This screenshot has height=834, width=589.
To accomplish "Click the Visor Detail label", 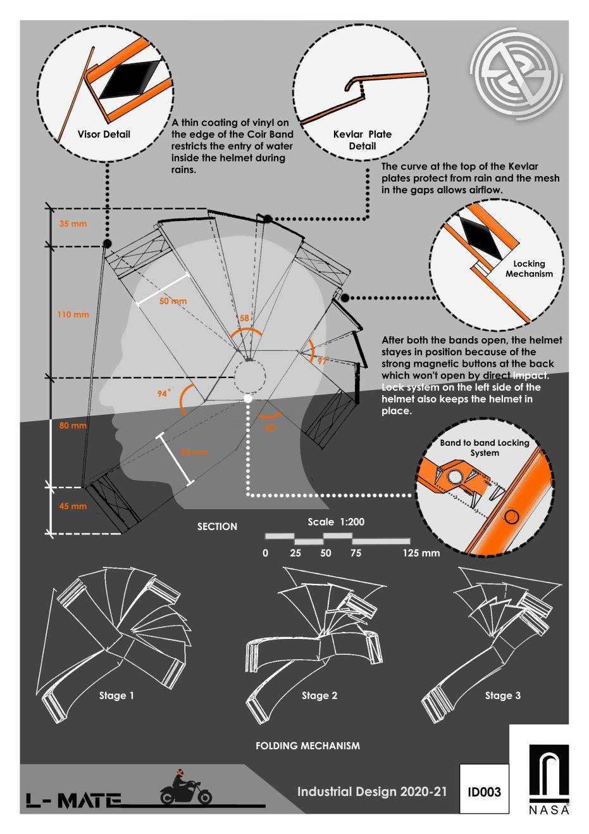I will point(104,134).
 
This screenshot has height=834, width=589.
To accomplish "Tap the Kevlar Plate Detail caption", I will point(362,140).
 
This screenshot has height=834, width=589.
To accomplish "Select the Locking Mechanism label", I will point(529,269).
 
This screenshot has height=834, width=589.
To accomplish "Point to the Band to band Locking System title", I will point(484,448).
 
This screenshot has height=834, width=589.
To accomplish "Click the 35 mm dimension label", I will point(73,224).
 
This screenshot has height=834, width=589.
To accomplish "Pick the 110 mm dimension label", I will point(73,314).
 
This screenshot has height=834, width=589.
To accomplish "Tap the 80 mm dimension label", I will point(73,426).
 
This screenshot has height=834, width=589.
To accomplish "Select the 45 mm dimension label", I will point(73,507).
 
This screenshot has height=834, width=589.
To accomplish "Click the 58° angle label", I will point(245,319).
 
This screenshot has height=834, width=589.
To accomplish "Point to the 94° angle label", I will point(164,394).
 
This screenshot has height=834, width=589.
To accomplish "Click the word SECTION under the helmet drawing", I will point(217,526).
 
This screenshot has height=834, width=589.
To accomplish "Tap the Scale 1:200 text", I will point(336,522).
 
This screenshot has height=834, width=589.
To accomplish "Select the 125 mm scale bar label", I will point(421,553).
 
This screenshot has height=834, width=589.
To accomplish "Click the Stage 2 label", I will point(319,695).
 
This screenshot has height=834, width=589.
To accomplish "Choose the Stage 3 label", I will point(503,695).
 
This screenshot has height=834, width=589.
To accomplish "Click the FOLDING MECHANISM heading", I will point(307,746).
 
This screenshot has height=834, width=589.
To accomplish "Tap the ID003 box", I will point(484,792).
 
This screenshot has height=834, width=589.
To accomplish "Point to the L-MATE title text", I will point(73,800).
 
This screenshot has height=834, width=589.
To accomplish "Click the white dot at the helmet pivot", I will point(248,398).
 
